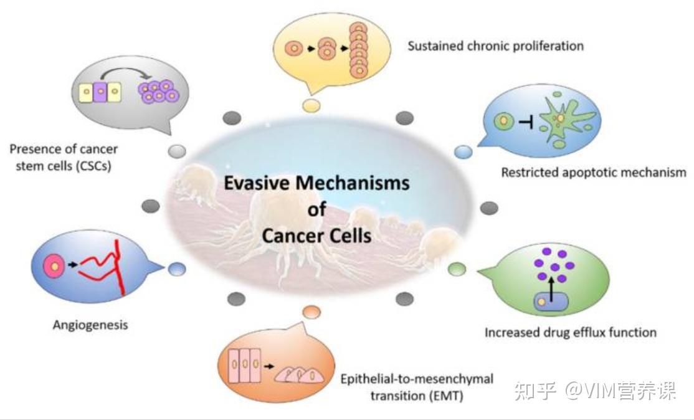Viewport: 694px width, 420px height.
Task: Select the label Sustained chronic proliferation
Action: click(495, 46)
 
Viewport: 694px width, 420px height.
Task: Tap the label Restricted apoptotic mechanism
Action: click(594, 172)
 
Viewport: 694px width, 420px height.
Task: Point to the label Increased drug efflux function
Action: click(570, 332)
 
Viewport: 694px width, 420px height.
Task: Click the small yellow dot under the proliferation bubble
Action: click(311, 105)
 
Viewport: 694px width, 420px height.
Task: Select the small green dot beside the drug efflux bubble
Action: click(457, 269)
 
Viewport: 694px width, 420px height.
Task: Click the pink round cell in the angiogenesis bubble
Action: click(54, 266)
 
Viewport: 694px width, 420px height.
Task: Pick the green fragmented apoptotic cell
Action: click(562, 118)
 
